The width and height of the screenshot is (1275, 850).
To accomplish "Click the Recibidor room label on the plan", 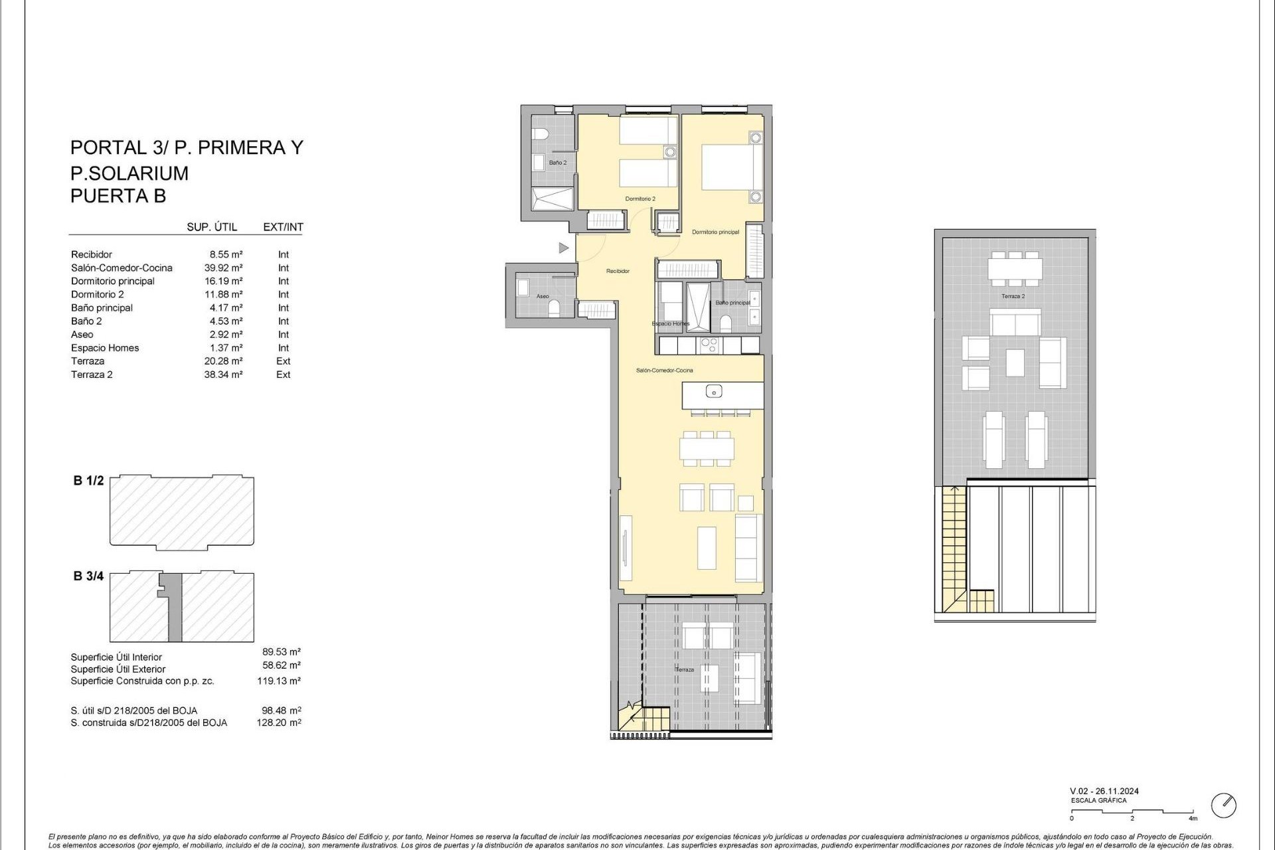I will (x=618, y=271).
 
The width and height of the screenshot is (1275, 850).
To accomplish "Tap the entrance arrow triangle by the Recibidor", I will (x=563, y=248).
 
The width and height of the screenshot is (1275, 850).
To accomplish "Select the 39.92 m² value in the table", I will (x=223, y=268).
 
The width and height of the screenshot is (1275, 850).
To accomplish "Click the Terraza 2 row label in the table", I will (x=92, y=375).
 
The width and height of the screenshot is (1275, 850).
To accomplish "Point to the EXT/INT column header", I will (x=283, y=227).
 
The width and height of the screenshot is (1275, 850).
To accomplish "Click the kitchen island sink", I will (x=713, y=392).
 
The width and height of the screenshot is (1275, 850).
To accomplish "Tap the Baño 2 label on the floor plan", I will (x=557, y=163).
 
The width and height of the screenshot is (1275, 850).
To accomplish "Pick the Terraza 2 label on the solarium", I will (x=1013, y=296).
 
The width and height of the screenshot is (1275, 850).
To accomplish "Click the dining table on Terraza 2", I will (x=1014, y=269).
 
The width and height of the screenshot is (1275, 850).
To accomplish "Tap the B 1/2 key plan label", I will (x=88, y=481).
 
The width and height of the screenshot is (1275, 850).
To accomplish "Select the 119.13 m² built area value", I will (x=279, y=681).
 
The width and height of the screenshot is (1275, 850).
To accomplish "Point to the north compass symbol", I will (x=1223, y=806).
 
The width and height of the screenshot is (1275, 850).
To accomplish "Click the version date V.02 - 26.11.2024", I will (x=1104, y=791).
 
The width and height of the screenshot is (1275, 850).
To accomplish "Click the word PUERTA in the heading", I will (x=102, y=196).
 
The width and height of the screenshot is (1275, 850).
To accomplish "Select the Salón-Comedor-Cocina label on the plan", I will (x=664, y=371).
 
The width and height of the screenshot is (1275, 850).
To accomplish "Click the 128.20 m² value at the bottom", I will (x=279, y=722).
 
